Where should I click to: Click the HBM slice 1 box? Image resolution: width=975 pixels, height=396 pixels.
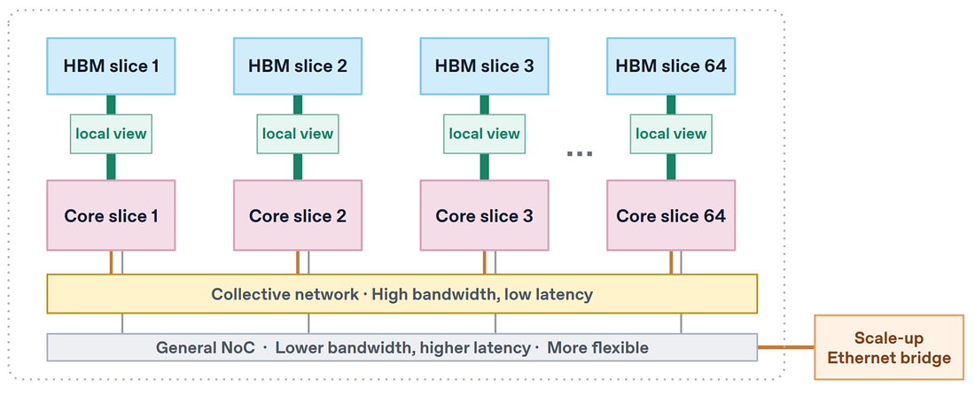point(111,66)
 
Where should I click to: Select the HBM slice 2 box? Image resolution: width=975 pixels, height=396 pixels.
point(298,66)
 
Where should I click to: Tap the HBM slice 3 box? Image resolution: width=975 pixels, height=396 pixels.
point(484,66)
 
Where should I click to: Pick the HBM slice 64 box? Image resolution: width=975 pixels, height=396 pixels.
point(671,66)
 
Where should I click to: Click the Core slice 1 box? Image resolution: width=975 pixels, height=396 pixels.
point(111,215)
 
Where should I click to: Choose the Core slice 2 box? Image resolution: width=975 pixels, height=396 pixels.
point(298,215)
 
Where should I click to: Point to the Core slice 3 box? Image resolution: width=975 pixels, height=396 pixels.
point(484,215)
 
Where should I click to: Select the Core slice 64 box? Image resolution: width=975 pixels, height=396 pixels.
point(671,215)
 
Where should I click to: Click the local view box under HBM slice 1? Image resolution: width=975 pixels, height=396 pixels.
point(111,134)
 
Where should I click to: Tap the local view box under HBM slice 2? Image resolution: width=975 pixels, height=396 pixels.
point(298,134)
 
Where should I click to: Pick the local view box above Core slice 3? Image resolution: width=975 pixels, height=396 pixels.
point(484,134)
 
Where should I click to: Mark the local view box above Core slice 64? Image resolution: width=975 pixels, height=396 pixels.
point(671,134)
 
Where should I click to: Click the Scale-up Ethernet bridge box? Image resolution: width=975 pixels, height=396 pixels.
point(889,347)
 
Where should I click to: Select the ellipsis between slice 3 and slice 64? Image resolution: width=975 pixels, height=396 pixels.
point(580,153)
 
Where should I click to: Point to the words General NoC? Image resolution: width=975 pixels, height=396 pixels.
point(206,347)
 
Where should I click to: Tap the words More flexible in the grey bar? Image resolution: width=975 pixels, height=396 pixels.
point(597,347)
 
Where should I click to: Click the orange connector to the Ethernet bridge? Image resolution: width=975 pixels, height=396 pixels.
point(786,347)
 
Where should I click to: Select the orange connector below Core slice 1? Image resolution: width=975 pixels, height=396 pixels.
point(111,262)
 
